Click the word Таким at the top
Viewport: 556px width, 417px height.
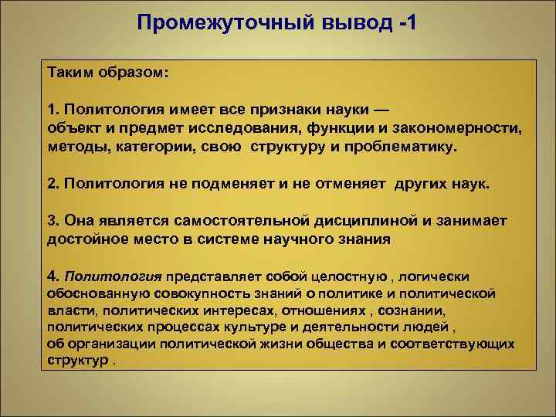72,72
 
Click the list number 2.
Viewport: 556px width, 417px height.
53,184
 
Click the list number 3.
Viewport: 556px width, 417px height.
53,221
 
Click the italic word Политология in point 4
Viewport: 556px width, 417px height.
114,276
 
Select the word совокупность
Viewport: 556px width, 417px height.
181,293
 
